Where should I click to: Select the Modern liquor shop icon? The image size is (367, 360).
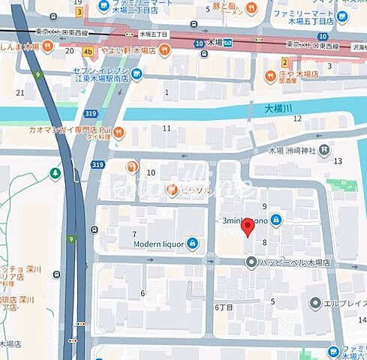tap(193, 243)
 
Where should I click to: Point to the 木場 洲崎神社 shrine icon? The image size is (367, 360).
tap(323, 150)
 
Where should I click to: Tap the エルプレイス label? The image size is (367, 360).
tap(344, 304)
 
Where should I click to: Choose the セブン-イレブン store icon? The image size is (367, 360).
tap(137, 73)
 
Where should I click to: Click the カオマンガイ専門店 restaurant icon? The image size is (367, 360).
tap(119, 131)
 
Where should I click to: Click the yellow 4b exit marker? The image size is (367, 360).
tap(89, 52)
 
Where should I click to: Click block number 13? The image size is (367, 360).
tap(338, 160)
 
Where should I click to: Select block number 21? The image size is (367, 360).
tap(20, 93)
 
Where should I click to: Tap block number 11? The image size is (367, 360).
tap(167, 128)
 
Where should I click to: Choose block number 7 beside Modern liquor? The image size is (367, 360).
tap(134, 235)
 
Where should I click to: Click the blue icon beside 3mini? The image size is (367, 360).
tap(277, 220)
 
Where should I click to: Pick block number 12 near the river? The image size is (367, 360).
tap(297, 118)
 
